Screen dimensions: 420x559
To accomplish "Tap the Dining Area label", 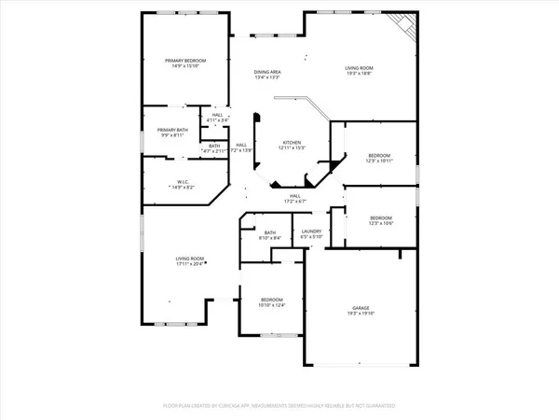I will [268, 72].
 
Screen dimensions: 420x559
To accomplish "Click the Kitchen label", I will [292, 142].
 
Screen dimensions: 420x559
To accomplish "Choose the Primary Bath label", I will [171, 130].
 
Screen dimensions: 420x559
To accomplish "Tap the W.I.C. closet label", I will [184, 182].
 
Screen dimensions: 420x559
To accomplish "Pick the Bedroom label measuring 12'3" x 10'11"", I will [378, 155].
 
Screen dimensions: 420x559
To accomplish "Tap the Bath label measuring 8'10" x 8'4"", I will [270, 232].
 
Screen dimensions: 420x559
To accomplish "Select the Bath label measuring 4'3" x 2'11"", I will [214, 146].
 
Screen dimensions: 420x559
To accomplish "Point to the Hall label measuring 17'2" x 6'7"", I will [294, 195].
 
